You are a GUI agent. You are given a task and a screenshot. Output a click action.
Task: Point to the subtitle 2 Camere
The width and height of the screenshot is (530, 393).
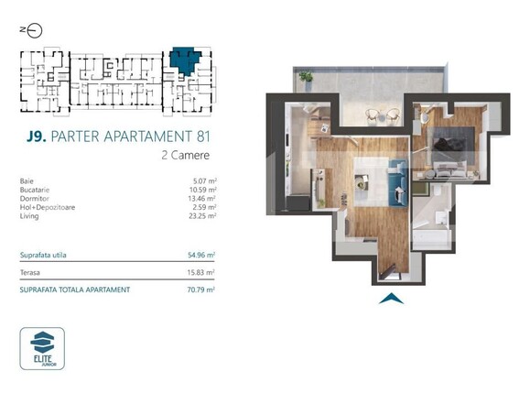(186, 156)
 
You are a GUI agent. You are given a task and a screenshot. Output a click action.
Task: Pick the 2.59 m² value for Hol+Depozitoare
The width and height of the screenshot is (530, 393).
(200, 207)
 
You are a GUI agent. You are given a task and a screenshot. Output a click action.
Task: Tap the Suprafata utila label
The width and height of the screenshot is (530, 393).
(42, 254)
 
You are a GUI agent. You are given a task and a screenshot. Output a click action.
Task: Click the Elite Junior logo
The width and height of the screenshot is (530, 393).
(42, 347)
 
